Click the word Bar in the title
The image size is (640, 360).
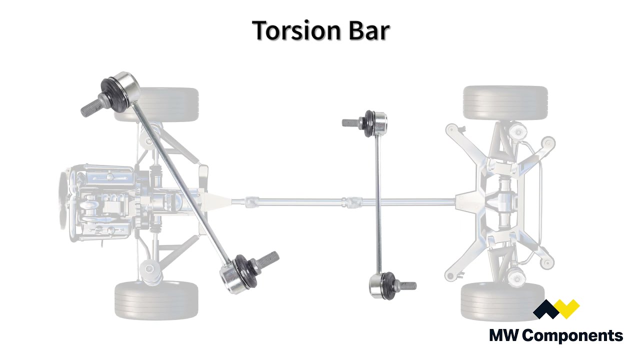369,30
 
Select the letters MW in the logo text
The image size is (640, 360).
505,335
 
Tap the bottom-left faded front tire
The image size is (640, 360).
156,300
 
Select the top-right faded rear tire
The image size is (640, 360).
505,102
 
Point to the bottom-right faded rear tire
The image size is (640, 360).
503,301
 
